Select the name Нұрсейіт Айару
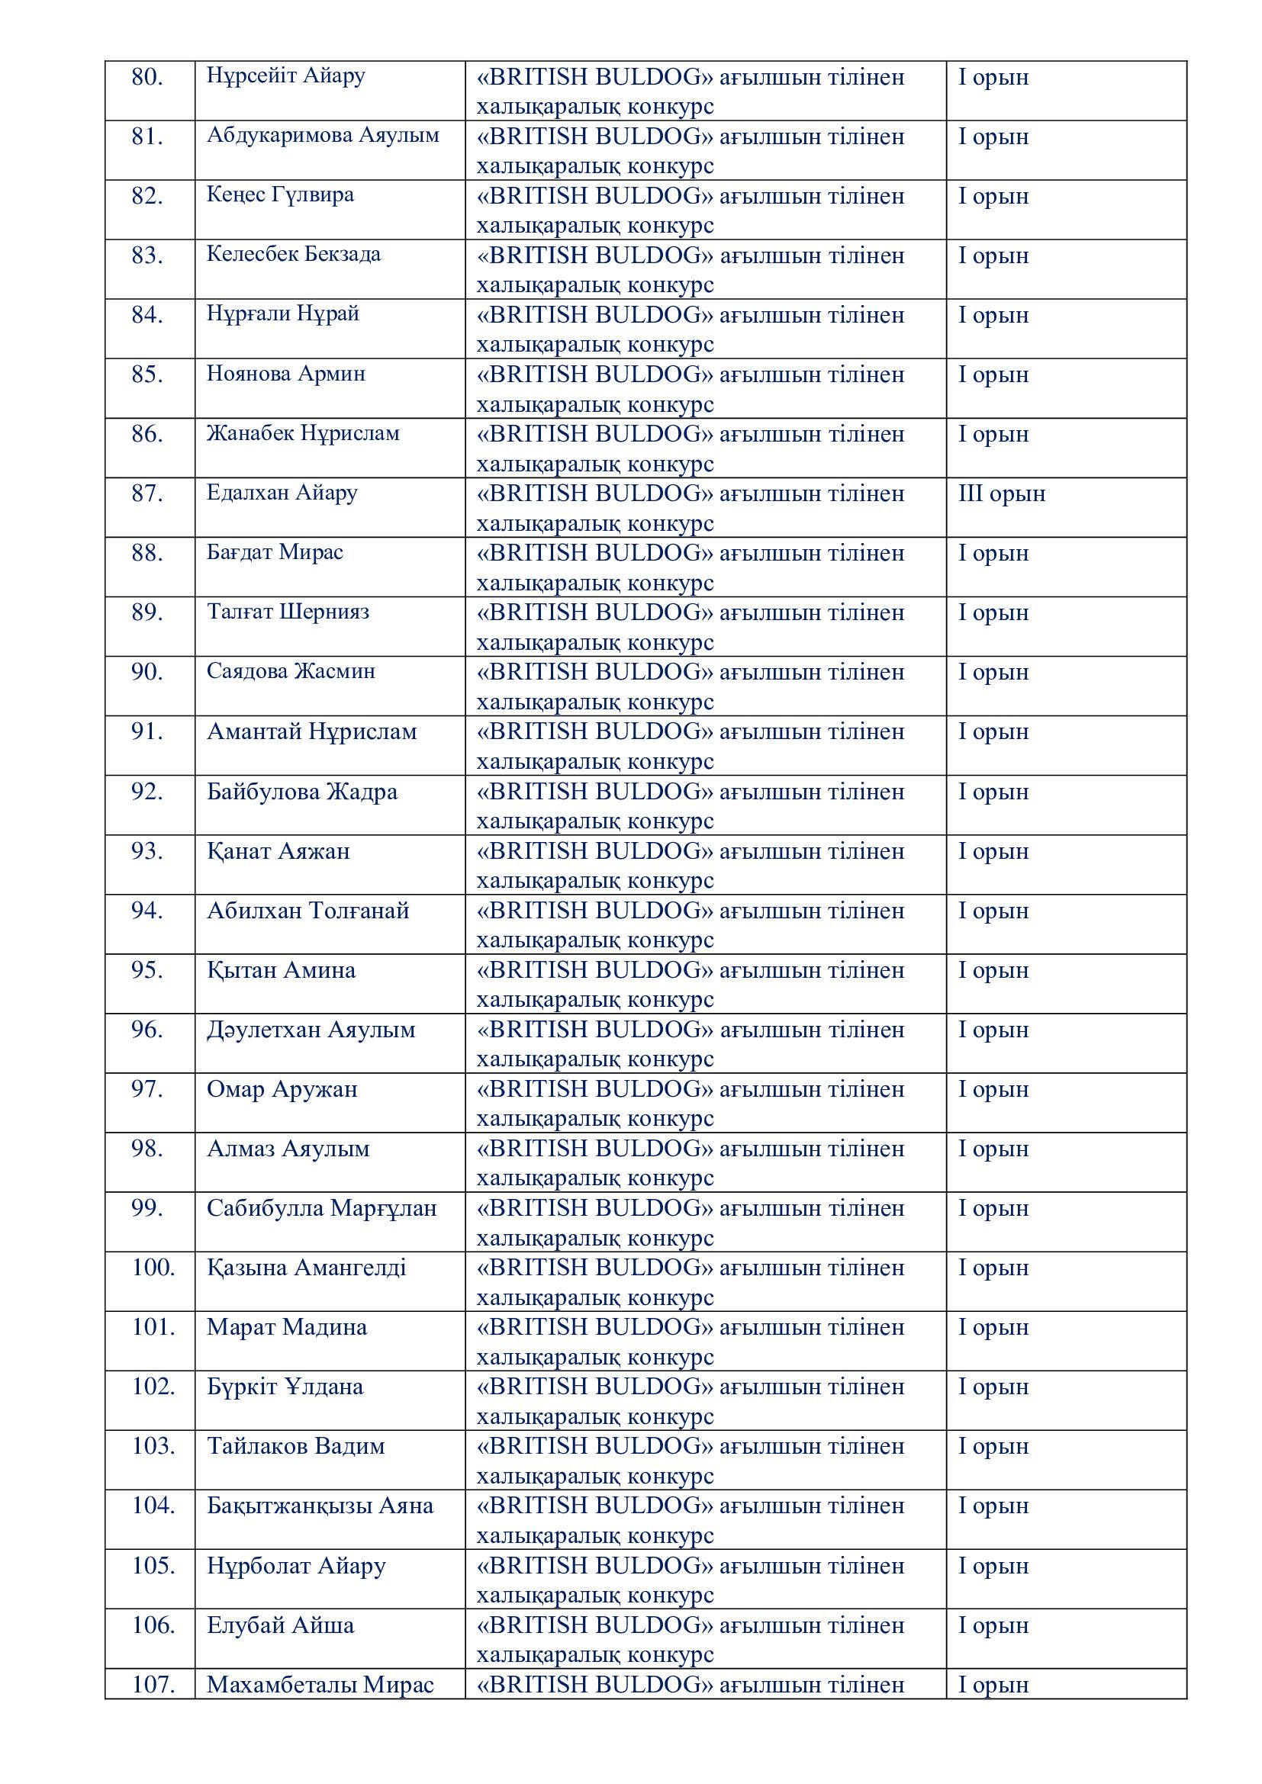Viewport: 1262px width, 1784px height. (285, 76)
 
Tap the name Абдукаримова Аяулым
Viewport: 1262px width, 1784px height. (323, 136)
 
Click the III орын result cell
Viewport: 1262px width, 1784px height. (1002, 494)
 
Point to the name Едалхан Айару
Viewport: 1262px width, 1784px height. (282, 493)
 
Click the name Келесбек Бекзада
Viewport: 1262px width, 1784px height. (293, 255)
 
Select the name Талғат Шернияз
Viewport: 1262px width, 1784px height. (288, 612)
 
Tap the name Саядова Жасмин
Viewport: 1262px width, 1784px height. (291, 672)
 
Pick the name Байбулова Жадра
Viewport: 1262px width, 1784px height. (301, 792)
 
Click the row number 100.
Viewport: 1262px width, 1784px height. (153, 1268)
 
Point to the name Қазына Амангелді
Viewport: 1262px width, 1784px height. (306, 1269)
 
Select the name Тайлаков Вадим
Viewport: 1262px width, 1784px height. (295, 1447)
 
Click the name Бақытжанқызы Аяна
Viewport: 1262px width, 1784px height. (320, 1506)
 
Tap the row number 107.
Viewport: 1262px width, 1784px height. (153, 1686)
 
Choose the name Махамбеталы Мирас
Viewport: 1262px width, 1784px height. (320, 1686)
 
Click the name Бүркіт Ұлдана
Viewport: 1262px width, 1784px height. (285, 1387)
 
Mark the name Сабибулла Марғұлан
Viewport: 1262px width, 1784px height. (322, 1209)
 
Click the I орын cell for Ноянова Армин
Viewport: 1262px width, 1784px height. (993, 375)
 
